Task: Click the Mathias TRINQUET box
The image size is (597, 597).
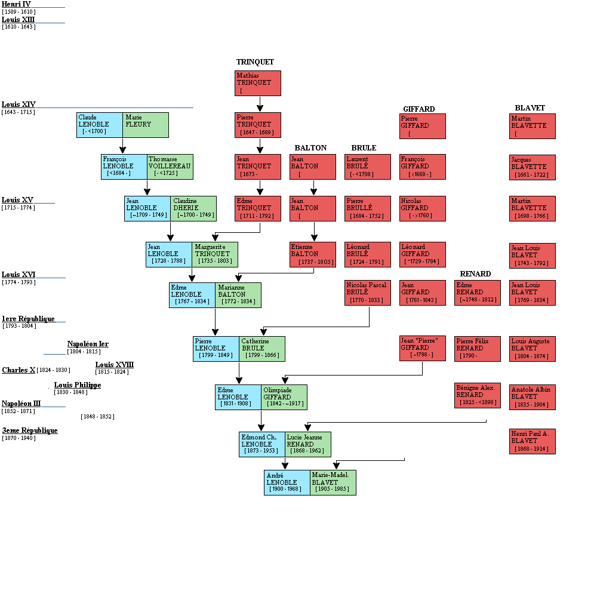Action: point(258,83)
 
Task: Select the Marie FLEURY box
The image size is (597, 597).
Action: point(146,125)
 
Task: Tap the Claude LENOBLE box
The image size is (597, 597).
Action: point(100,125)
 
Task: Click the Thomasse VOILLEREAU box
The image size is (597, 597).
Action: point(170,167)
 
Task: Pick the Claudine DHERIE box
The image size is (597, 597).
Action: point(193,208)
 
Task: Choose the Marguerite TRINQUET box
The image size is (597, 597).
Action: point(215,254)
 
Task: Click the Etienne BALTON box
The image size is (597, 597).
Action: point(313,254)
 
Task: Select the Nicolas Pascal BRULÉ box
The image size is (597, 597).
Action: point(368,293)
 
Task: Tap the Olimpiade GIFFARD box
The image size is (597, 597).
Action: point(284,397)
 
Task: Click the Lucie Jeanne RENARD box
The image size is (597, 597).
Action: point(308,444)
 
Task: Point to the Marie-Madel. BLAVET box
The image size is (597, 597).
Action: point(333,482)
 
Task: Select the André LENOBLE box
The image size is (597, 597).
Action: point(287,482)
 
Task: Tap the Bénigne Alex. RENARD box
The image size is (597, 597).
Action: point(478,395)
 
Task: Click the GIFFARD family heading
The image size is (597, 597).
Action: point(419,109)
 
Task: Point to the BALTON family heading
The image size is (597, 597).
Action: point(310,148)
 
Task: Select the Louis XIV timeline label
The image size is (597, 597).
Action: point(19,104)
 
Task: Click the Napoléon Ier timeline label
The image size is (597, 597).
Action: point(88,344)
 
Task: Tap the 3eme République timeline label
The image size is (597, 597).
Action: point(30,430)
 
